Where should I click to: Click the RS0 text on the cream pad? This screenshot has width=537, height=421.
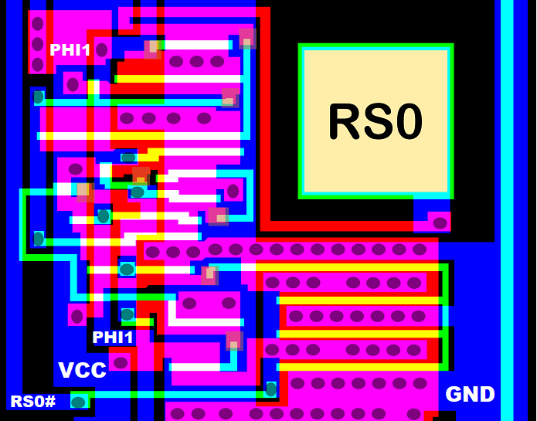tap(376, 121)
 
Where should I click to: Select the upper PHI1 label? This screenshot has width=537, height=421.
tap(70, 50)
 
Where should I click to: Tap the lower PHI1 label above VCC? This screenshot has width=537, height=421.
tap(113, 338)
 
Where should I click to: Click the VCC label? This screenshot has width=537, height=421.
tap(82, 371)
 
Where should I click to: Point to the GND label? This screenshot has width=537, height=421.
tap(470, 395)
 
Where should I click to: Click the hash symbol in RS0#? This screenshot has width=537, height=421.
tap(50, 402)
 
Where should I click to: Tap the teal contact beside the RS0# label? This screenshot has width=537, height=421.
tap(78, 402)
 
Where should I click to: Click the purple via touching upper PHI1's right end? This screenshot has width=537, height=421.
tap(100, 51)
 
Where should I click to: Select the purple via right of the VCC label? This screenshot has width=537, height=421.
tap(120, 362)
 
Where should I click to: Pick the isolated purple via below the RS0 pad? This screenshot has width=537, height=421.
tap(440, 222)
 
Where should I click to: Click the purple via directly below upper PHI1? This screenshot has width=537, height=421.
tap(73, 82)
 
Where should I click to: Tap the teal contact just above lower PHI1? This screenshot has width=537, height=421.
tap(127, 314)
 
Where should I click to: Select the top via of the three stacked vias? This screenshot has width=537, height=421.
tap(37, 23)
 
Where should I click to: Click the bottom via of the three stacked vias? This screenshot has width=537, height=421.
tap(37, 63)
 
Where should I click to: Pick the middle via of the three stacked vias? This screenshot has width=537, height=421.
tap(37, 43)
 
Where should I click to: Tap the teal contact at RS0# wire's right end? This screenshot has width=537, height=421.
tap(270, 389)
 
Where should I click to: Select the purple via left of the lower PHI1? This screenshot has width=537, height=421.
tap(76, 315)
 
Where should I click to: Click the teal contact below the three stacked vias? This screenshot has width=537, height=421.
tap(38, 97)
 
